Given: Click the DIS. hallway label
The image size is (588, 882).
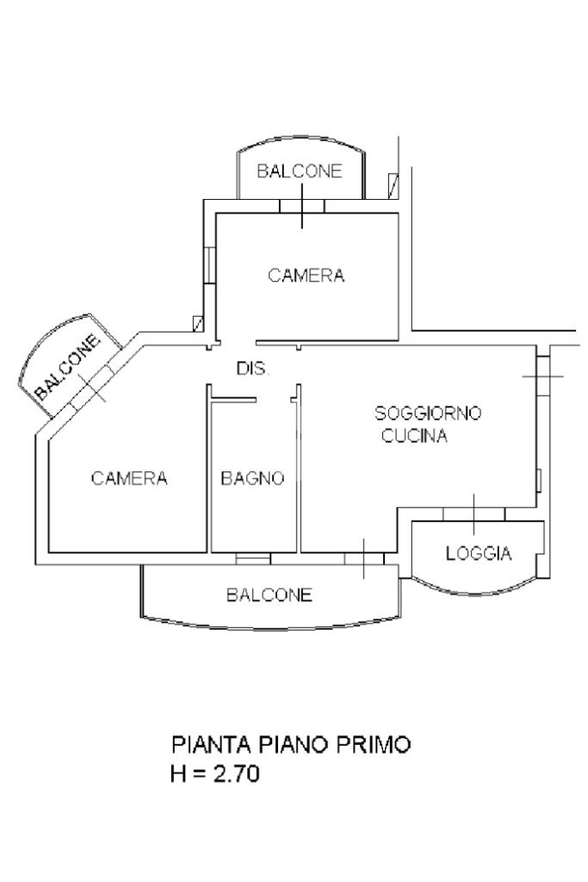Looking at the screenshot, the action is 253,369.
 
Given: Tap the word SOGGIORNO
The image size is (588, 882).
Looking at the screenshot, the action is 429,413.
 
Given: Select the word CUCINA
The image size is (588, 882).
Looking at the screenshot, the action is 415,437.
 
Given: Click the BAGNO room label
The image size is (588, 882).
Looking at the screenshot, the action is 252,478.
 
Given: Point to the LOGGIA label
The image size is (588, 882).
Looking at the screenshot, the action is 478,554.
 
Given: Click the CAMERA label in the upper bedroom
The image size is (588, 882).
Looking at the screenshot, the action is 306,276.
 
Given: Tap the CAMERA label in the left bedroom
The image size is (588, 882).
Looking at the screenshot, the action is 129,478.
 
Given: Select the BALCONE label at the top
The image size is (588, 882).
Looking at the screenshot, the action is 299,171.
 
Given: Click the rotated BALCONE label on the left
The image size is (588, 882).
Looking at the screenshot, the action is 67,366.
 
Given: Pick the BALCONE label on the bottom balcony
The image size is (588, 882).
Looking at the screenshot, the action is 269,594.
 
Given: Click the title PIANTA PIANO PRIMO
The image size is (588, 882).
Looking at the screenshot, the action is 291,744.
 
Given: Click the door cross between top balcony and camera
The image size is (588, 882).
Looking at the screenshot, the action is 302,207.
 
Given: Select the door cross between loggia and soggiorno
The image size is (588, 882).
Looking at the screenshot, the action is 473,514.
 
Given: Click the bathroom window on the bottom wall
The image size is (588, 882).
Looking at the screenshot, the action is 253,559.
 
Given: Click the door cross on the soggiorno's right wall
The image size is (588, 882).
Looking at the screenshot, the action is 542,376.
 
